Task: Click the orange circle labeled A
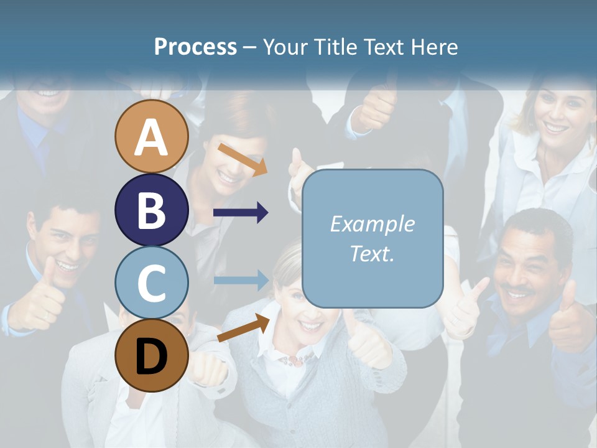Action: click(151, 137)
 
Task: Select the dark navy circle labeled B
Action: click(151, 210)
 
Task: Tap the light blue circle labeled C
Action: click(151, 282)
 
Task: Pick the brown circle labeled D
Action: click(151, 355)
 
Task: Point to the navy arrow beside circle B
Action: click(241, 213)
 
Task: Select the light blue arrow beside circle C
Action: click(241, 280)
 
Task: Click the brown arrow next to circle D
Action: click(243, 329)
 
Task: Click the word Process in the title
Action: click(195, 47)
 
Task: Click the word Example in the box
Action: click(372, 224)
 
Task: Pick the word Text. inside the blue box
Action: click(372, 253)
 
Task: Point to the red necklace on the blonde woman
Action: click(297, 359)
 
